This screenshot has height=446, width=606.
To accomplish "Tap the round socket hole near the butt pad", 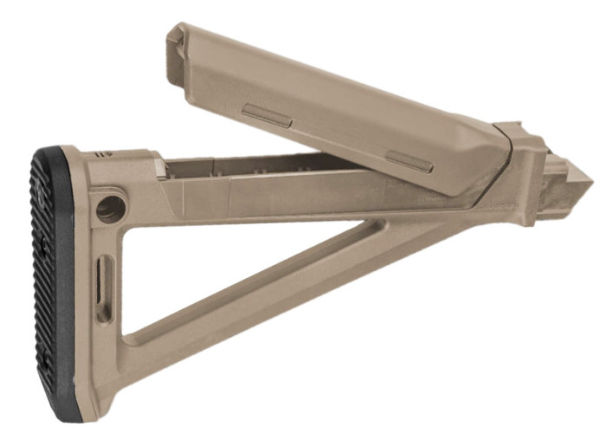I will tap(110, 209).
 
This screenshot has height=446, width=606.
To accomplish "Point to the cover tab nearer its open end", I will tap(268, 115).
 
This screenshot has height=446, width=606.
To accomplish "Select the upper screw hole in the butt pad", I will tap(44, 247).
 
